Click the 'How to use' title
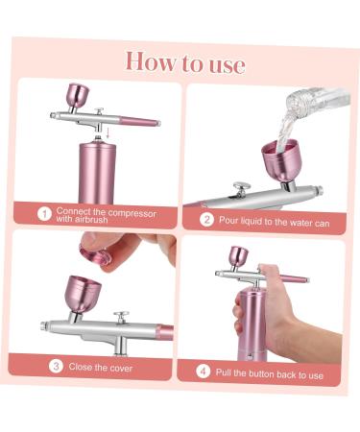[x=184, y=61]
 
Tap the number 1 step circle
[x=43, y=213]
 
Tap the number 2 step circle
[x=204, y=219]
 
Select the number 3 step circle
[x=57, y=366]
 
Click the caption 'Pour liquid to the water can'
[x=263, y=219]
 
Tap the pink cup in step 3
[x=79, y=294]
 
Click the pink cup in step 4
[x=236, y=255]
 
